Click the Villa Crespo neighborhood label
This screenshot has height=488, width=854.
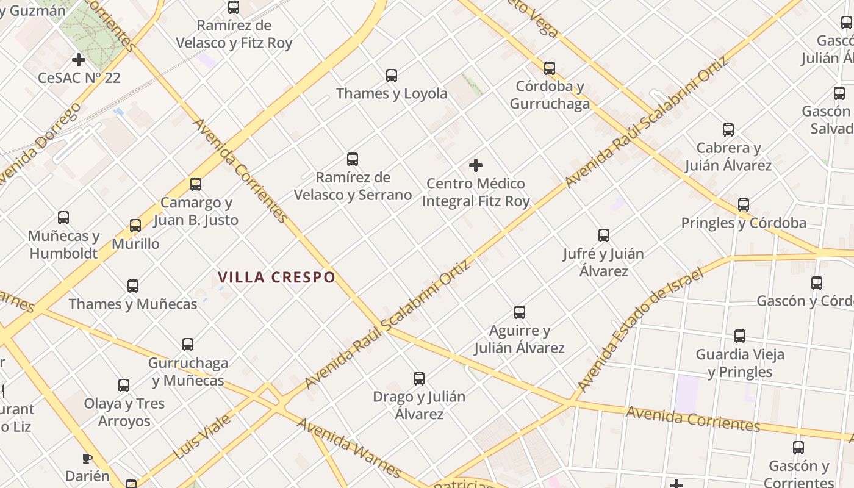pos(276,278)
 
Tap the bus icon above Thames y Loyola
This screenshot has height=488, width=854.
pos(392,76)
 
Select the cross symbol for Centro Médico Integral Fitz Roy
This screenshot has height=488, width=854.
pos(476,165)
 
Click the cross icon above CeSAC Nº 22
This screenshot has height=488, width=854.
pos(78,60)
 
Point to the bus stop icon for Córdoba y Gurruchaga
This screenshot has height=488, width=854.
pos(550,68)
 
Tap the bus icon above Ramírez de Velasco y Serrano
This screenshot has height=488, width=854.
pos(353,159)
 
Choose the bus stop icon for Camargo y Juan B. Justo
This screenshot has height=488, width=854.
pos(196,184)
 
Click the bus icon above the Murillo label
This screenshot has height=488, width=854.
pos(135,226)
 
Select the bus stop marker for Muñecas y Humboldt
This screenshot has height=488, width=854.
pos(63,218)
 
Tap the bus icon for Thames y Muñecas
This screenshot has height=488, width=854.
pos(133,286)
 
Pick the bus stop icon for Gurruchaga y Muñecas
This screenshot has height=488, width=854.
pos(188,345)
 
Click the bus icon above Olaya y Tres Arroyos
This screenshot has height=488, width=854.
pos(124,386)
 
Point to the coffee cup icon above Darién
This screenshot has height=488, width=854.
pos(87,458)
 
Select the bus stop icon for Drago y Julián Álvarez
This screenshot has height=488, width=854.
pos(419,379)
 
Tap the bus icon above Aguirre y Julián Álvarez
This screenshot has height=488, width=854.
pos(520,312)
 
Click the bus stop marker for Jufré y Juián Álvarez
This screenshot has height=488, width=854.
pos(604,235)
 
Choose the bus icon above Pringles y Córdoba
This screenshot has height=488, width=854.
pos(744,205)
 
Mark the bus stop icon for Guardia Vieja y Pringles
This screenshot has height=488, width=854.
pos(740,336)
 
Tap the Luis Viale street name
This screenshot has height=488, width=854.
pos(202,437)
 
